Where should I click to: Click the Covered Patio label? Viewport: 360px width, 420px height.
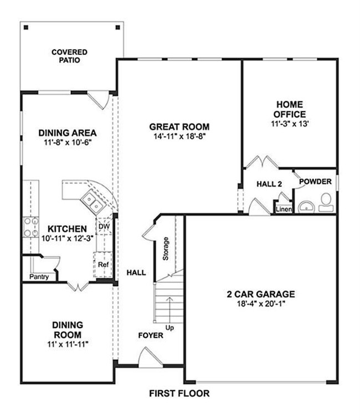pos(69,56)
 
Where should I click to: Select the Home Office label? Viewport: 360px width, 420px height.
pos(290,109)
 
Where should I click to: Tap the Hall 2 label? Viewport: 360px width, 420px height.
pos(270,183)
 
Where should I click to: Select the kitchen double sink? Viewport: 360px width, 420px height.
pos(92,203)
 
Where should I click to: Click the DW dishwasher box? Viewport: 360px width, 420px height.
pos(104,226)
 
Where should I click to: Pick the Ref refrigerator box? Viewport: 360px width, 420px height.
pos(103,265)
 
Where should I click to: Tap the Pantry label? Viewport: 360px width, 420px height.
pos(39,277)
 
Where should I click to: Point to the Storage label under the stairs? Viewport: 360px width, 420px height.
pos(165,249)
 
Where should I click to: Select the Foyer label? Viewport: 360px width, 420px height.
pos(151,335)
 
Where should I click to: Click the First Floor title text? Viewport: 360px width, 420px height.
pos(179,394)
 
